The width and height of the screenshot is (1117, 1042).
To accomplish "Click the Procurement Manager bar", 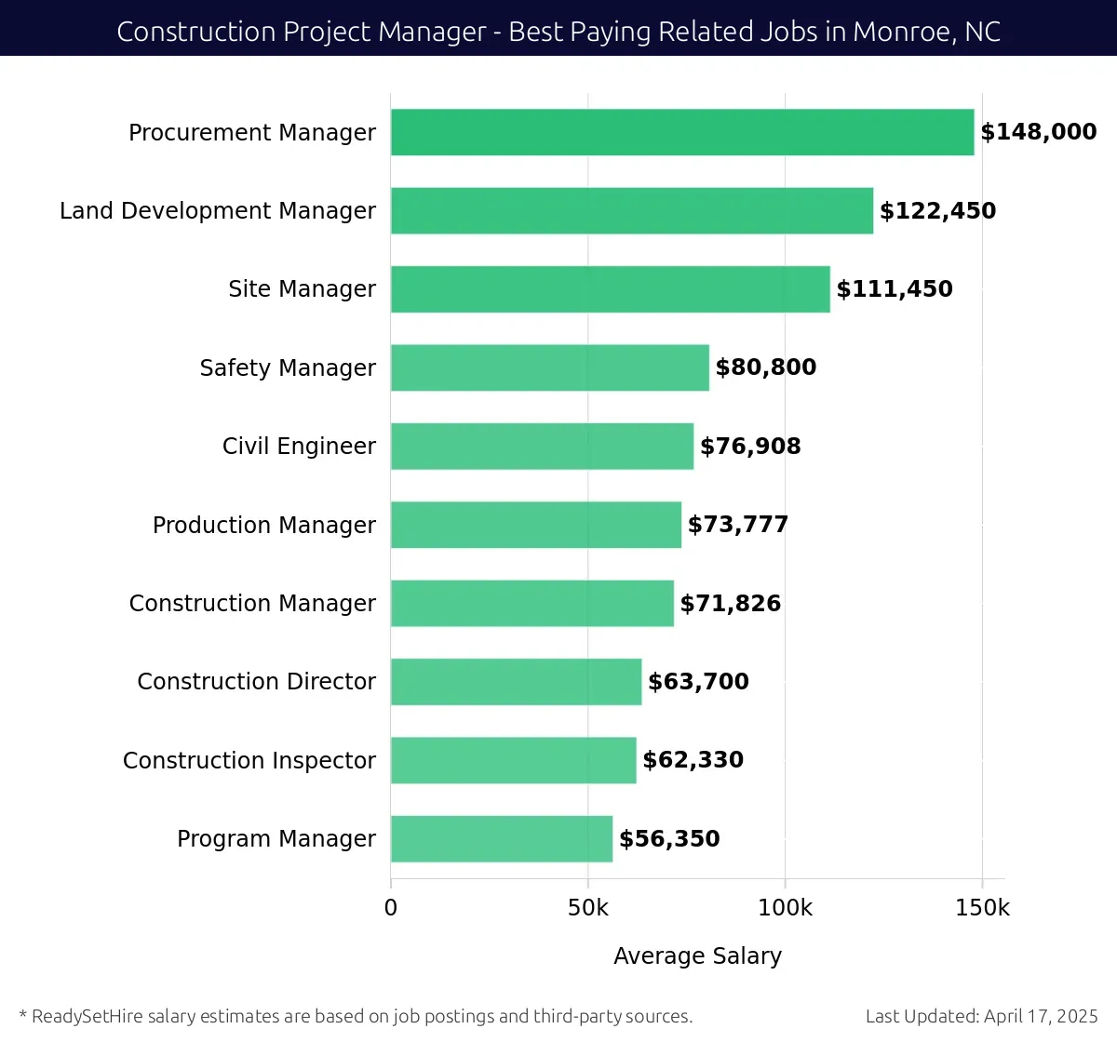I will pyautogui.click(x=682, y=132).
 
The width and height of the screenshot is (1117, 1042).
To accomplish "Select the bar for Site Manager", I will pyautogui.click(x=610, y=289).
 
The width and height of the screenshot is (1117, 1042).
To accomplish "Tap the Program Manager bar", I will pyautogui.click(x=502, y=839).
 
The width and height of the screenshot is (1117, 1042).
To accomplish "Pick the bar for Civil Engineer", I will pyautogui.click(x=542, y=447).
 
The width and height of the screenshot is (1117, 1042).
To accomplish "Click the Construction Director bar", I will pyautogui.click(x=516, y=682).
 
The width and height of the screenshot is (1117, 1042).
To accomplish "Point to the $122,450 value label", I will pyautogui.click(x=937, y=211).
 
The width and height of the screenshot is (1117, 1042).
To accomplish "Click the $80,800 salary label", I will pyautogui.click(x=765, y=367).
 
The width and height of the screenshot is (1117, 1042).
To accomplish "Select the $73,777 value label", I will pyautogui.click(x=737, y=525).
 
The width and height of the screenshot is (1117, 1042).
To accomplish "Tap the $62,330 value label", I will pyautogui.click(x=693, y=760).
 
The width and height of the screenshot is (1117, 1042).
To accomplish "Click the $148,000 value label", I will pyautogui.click(x=1038, y=132).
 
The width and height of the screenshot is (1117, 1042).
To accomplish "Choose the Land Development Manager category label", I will pyautogui.click(x=218, y=211).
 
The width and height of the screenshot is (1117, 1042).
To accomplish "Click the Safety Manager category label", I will pyautogui.click(x=288, y=368).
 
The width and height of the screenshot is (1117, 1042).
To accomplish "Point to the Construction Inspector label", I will pyautogui.click(x=249, y=761).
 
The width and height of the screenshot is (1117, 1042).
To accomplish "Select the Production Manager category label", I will pyautogui.click(x=264, y=526).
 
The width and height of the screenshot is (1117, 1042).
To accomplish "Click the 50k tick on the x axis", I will pyautogui.click(x=587, y=908).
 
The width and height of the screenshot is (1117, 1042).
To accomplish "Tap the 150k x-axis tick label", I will pyautogui.click(x=982, y=908).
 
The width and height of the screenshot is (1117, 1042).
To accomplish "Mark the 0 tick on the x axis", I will pyautogui.click(x=391, y=908).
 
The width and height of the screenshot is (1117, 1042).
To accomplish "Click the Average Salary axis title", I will pyautogui.click(x=697, y=956).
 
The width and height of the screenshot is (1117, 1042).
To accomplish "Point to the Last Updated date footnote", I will pyautogui.click(x=981, y=1016).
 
